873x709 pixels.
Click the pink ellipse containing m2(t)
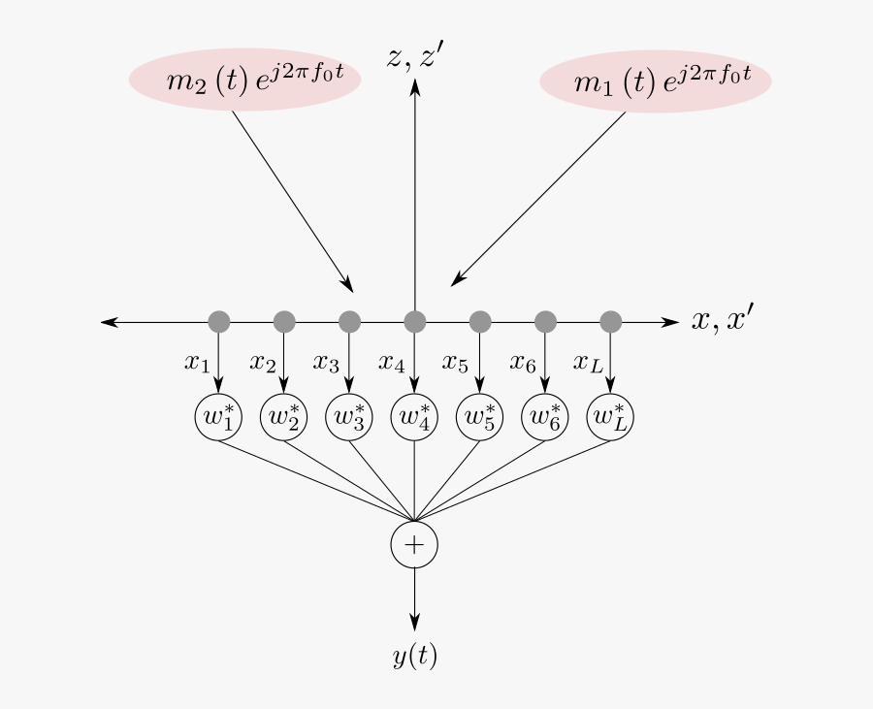click(x=245, y=80)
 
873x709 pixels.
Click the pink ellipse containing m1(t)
click(x=656, y=81)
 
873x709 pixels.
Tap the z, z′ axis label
click(x=415, y=59)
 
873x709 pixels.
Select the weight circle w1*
click(x=218, y=417)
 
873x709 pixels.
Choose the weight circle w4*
click(x=415, y=417)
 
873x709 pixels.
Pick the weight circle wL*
click(x=611, y=417)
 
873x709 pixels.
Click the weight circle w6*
click(x=545, y=417)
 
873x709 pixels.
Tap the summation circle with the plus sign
click(x=415, y=545)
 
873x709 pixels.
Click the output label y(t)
click(x=415, y=657)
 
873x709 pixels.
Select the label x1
click(x=197, y=363)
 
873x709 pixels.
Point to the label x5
click(x=456, y=363)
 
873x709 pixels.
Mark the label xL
click(x=587, y=363)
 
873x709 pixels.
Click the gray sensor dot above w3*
click(x=349, y=321)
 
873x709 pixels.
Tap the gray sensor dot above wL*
click(x=611, y=321)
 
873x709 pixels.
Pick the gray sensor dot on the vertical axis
click(x=415, y=321)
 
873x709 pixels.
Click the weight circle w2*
click(x=284, y=417)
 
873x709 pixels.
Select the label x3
click(x=327, y=363)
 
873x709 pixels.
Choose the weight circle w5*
click(x=480, y=417)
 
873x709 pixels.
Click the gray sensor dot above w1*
click(x=218, y=321)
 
